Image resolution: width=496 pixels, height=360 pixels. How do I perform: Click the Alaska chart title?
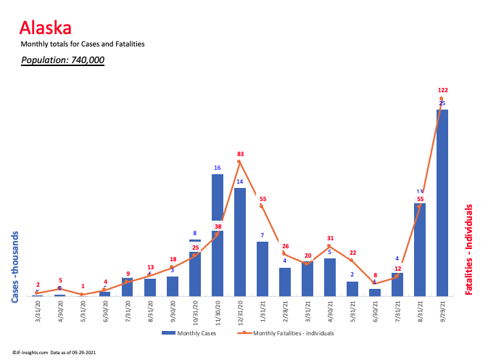[x=45, y=28]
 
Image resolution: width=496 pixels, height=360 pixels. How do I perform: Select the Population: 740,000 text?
[x=62, y=60]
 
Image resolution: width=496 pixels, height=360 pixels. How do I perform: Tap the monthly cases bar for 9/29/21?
[x=442, y=203]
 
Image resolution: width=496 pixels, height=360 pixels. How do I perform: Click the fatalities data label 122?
[x=442, y=91]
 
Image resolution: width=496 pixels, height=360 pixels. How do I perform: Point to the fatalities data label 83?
[x=240, y=154]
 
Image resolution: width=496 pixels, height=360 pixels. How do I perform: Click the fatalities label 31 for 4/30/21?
[x=330, y=238]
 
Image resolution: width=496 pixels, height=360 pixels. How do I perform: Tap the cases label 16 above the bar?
[x=217, y=168]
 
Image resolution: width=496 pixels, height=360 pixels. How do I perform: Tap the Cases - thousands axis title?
[x=15, y=266]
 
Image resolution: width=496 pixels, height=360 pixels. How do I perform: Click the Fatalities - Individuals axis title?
[x=470, y=249]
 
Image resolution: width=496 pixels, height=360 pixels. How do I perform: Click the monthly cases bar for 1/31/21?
[x=262, y=269]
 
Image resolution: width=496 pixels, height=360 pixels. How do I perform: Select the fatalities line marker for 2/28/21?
[x=284, y=253]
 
